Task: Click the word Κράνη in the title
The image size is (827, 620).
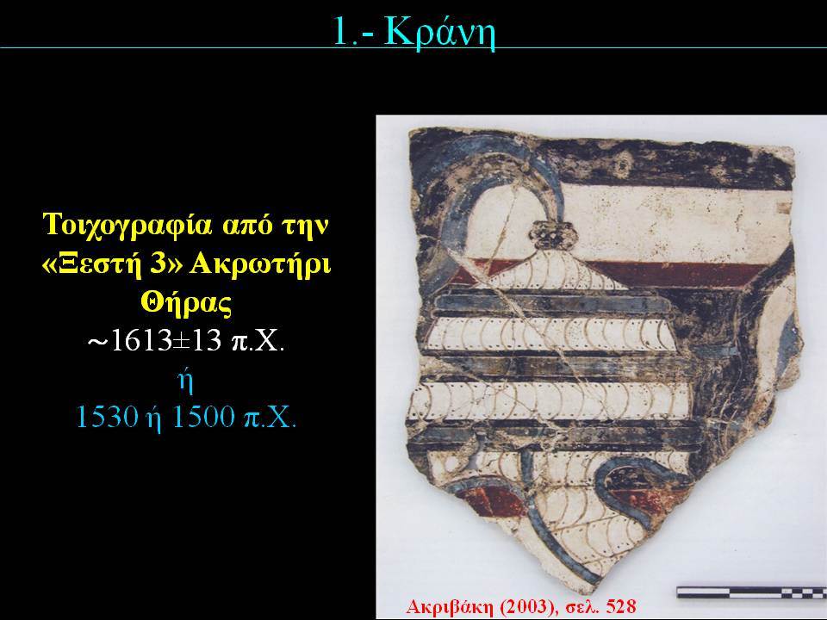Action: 440,33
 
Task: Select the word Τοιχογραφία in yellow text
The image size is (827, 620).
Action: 127,225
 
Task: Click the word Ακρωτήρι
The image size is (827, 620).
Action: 260,263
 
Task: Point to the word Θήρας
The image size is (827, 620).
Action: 187,303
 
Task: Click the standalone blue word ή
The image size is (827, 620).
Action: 186,381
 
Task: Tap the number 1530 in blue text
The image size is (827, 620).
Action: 107,417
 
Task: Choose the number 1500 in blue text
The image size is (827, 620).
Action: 204,417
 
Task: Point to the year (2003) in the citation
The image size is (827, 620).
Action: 527,607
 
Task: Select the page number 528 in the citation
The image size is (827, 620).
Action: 621,606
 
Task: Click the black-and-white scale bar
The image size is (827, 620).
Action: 751,592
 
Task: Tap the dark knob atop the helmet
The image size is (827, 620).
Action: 554,235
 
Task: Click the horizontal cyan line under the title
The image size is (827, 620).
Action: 413,48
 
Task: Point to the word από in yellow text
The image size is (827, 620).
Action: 249,226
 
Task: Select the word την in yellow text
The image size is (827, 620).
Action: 307,226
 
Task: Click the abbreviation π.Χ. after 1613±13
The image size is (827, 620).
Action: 258,342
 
